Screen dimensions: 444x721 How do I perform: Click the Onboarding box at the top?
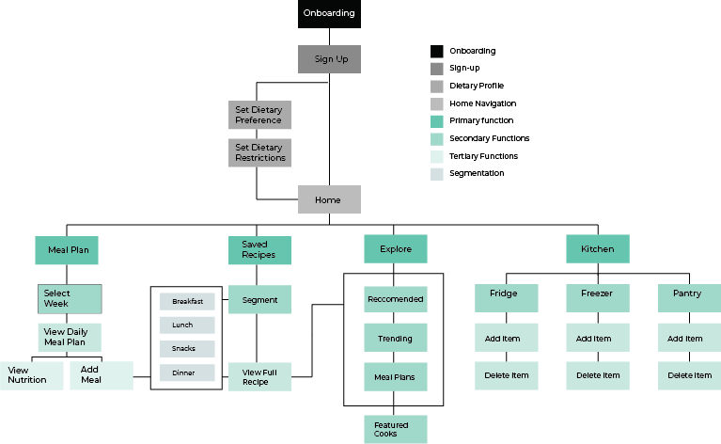click(329, 13)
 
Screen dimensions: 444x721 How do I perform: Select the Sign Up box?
click(329, 59)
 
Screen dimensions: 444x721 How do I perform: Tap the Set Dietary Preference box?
click(259, 115)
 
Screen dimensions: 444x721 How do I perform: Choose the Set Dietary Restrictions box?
click(259, 152)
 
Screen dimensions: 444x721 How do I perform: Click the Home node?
click(329, 199)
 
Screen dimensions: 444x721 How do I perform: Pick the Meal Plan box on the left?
click(67, 250)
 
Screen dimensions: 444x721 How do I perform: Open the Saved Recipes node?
click(259, 250)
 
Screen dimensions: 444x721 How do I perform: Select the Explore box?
click(396, 249)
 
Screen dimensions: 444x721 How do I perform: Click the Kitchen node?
click(597, 249)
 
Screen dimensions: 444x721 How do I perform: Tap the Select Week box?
click(69, 298)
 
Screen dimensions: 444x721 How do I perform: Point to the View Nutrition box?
click(31, 375)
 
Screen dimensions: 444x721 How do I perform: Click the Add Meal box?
click(101, 375)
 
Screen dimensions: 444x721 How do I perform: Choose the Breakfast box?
click(187, 301)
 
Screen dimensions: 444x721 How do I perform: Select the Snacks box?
click(187, 349)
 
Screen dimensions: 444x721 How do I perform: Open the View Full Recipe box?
click(259, 376)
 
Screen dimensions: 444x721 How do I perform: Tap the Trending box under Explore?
click(396, 338)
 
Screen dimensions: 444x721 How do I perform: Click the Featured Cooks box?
click(396, 429)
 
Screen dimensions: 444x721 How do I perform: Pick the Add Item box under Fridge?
click(507, 338)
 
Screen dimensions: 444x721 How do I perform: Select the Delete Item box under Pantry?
click(689, 375)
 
